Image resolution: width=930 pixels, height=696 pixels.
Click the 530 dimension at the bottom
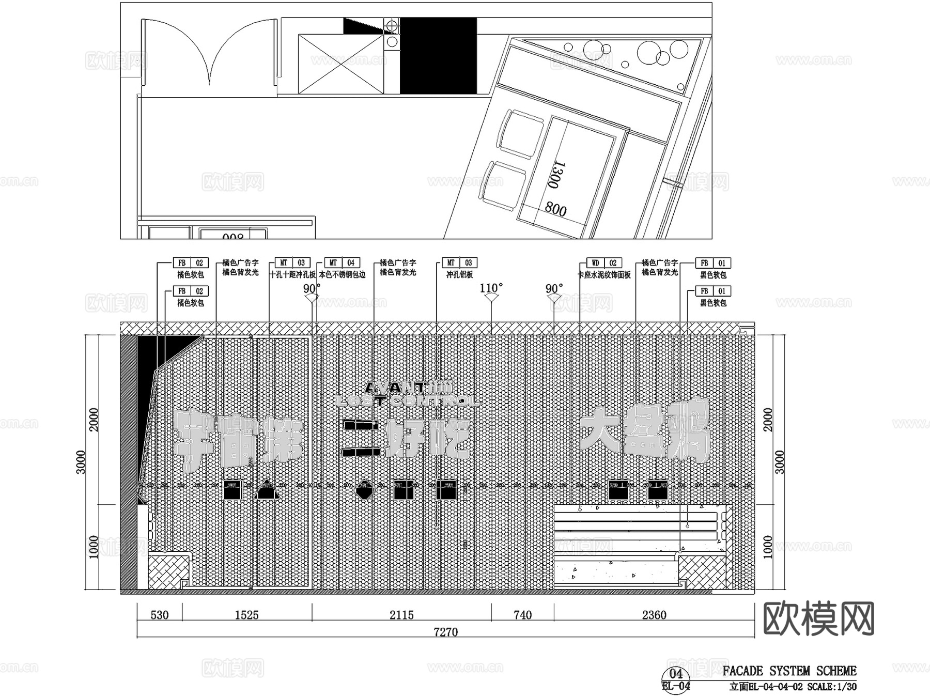(159, 615)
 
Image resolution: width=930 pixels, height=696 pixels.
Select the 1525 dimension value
(246, 615)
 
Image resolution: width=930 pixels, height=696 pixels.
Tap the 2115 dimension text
(401, 615)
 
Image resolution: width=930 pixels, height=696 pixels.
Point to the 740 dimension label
(522, 615)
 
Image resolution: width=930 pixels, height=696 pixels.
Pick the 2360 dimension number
(654, 615)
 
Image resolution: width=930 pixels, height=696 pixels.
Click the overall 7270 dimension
(445, 632)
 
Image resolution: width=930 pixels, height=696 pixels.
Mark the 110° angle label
(491, 288)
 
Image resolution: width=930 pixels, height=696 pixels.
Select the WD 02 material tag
(604, 263)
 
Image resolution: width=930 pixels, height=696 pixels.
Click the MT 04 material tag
(342, 263)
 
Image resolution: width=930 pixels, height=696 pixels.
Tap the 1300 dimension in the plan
(556, 175)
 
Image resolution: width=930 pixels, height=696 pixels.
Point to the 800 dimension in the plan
(555, 209)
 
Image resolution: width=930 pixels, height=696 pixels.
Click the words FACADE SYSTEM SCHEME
(789, 671)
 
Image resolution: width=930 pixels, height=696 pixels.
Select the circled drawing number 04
(676, 674)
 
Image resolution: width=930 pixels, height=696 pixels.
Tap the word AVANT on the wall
(395, 387)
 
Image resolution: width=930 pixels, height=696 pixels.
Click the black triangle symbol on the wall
(266, 490)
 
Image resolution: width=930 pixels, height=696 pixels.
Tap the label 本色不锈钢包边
(342, 275)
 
